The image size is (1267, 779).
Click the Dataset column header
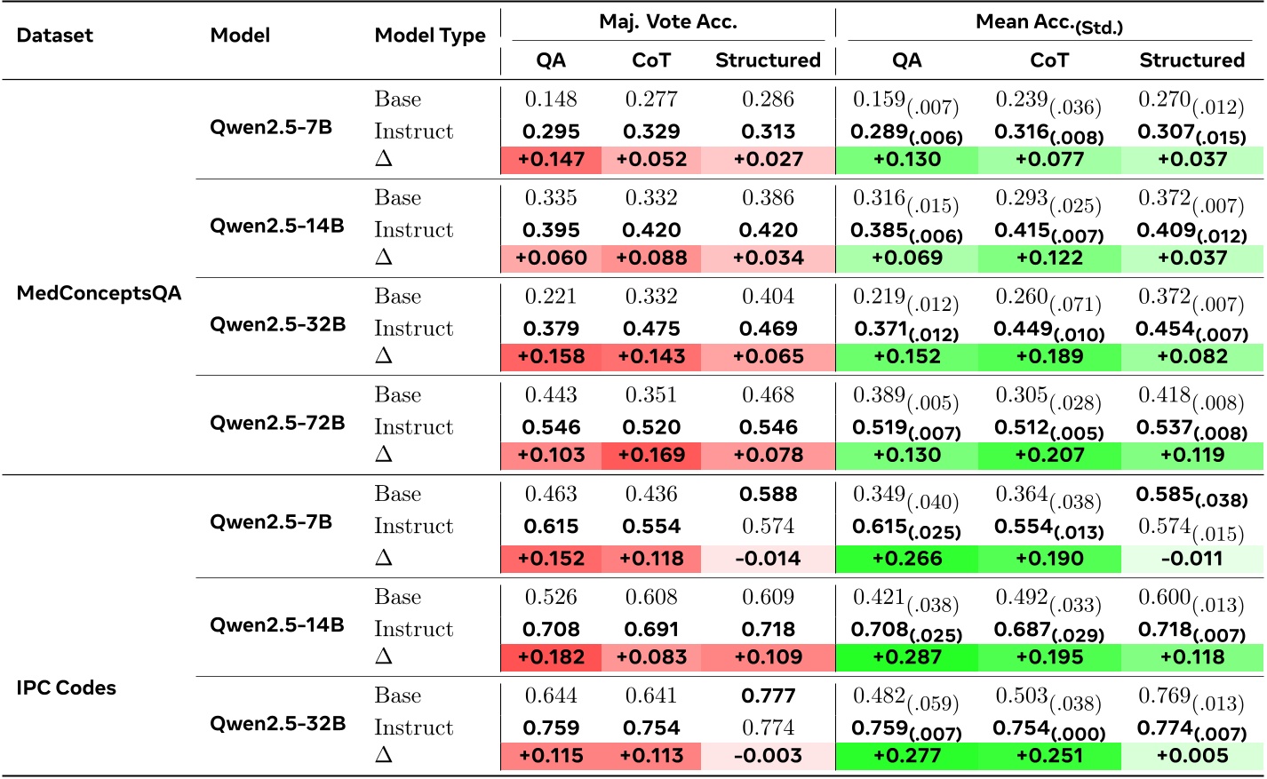pyautogui.click(x=54, y=36)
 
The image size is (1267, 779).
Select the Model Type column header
pyautogui.click(x=430, y=36)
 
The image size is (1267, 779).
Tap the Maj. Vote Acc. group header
pyautogui.click(x=667, y=22)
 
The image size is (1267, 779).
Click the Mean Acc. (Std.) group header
pyautogui.click(x=1048, y=24)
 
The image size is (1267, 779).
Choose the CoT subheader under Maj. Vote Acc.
pyautogui.click(x=650, y=60)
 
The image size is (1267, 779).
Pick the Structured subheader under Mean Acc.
pyautogui.click(x=1191, y=60)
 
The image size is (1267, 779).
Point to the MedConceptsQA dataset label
pyautogui.click(x=99, y=293)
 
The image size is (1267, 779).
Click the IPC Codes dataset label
pyautogui.click(x=66, y=688)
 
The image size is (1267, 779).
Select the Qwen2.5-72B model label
pyautogui.click(x=277, y=423)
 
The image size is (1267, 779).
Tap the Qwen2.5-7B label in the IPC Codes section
pyautogui.click(x=270, y=522)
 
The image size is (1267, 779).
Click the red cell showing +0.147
pyautogui.click(x=551, y=160)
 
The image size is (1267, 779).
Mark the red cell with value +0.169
pyautogui.click(x=651, y=456)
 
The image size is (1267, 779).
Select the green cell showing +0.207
pyautogui.click(x=1049, y=456)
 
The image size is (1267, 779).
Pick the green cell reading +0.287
pyautogui.click(x=906, y=657)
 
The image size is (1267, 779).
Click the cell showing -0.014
pyautogui.click(x=768, y=559)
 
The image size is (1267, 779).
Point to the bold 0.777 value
pyautogui.click(x=768, y=696)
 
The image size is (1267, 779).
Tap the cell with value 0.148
pyautogui.click(x=551, y=99)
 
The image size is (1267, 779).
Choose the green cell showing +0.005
pyautogui.click(x=1191, y=756)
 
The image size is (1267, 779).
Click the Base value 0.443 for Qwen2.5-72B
pyautogui.click(x=551, y=395)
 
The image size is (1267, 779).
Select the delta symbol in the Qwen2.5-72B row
pyautogui.click(x=384, y=454)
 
